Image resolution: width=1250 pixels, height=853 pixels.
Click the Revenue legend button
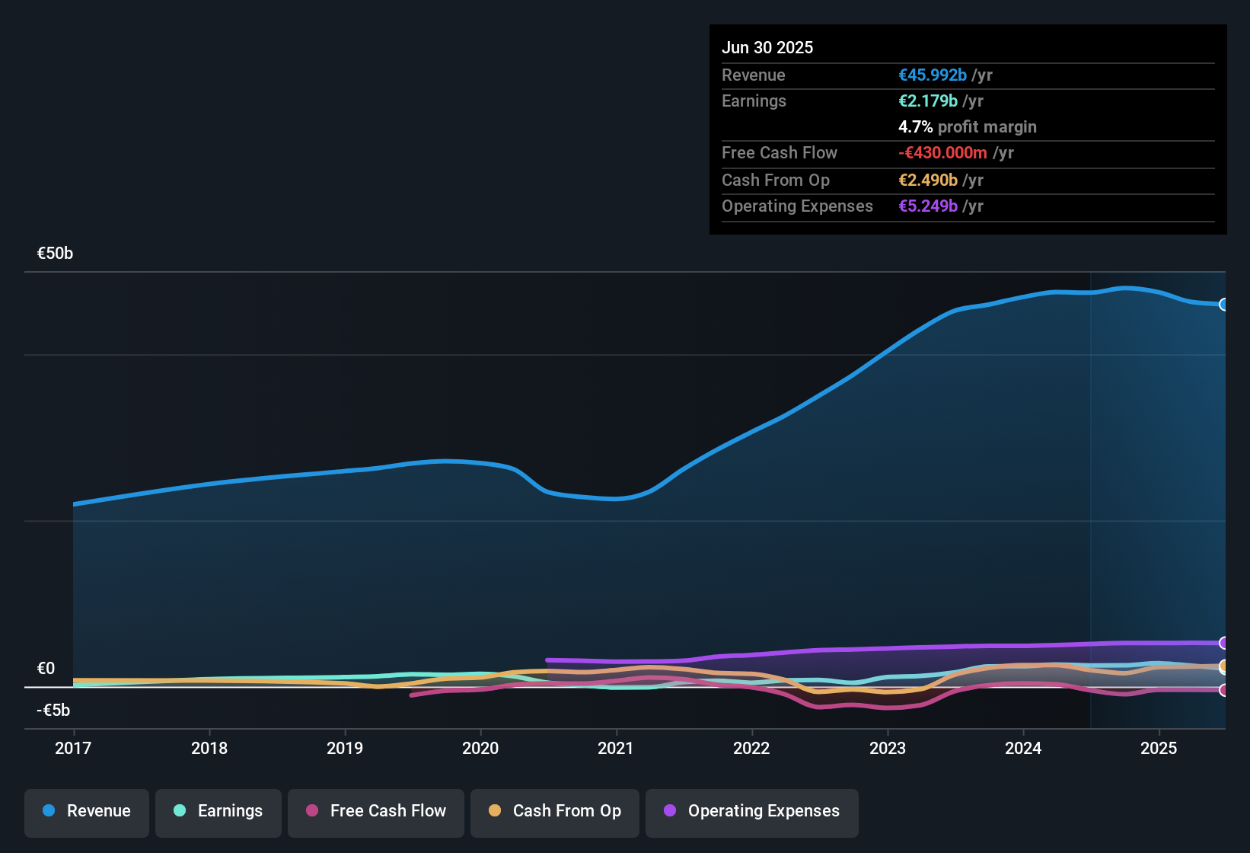pos(87,811)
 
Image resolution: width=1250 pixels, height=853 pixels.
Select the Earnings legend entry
pos(218,811)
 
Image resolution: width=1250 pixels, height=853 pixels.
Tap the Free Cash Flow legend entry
pos(376,811)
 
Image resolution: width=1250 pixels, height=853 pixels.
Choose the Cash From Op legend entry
pos(555,811)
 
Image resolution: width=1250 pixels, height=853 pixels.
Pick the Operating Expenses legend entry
pos(752,811)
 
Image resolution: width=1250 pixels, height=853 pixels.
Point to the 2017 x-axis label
pos(73,749)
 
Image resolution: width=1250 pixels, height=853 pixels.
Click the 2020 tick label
pos(480,749)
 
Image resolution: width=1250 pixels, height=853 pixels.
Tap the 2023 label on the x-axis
pos(888,749)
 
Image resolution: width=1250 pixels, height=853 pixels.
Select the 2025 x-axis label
pos(1159,749)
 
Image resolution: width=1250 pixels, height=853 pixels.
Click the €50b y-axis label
pos(55,254)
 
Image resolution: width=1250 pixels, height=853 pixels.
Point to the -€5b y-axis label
pos(53,711)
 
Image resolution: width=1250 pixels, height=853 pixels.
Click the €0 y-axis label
pos(46,669)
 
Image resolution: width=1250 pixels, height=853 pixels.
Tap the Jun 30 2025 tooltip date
pos(767,48)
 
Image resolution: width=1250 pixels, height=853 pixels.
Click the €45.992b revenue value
pos(933,75)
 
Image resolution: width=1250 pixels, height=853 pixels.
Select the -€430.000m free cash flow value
pos(942,153)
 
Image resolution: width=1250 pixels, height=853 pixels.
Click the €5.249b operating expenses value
pos(928,206)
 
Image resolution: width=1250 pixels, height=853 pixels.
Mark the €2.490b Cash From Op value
pos(928,181)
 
